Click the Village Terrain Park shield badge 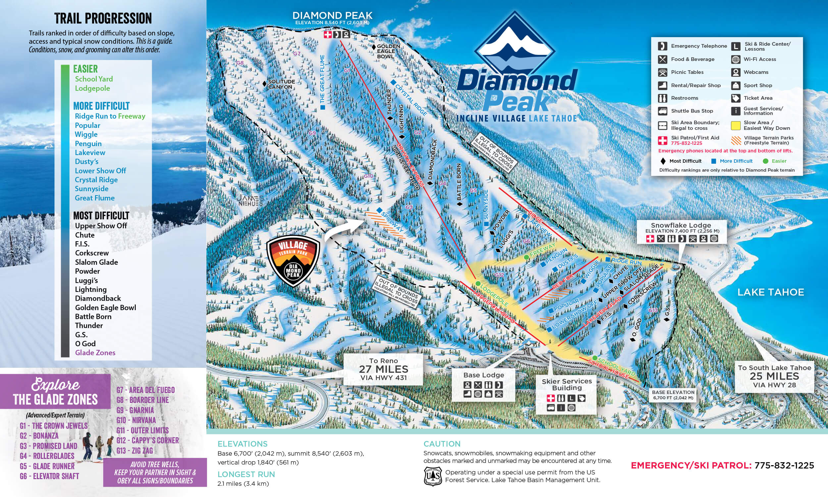point(293,260)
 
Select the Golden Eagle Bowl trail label point(388,51)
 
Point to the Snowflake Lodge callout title point(681,225)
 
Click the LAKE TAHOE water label point(770,292)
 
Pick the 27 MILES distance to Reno point(383,369)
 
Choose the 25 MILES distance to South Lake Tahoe point(774,376)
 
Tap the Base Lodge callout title point(483,375)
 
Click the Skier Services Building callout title point(567,384)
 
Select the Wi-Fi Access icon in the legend point(735,59)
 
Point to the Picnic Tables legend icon point(662,72)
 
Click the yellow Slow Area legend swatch point(735,125)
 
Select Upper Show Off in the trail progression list point(101,226)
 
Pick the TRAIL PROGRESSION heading point(103,19)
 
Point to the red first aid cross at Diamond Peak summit point(328,34)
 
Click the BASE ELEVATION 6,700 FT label point(673,395)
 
